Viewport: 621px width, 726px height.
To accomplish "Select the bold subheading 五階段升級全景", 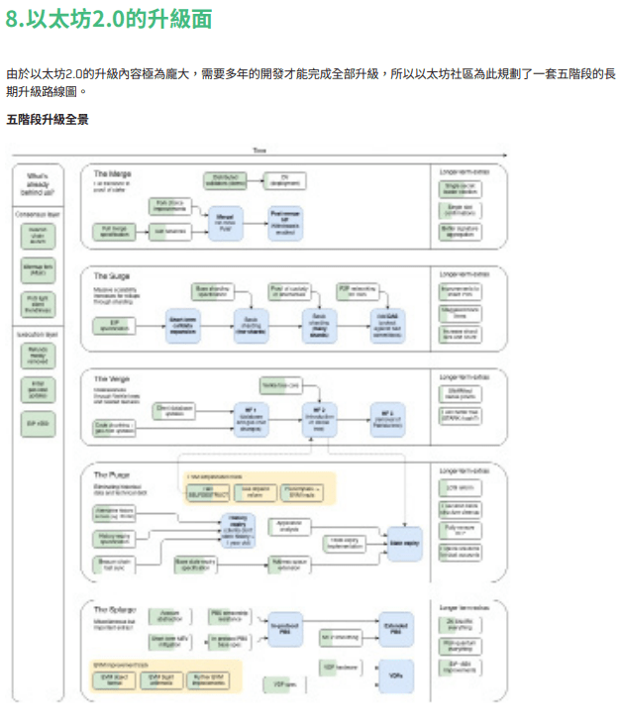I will click(x=47, y=120).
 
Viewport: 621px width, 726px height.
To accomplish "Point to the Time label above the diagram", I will click(x=259, y=151).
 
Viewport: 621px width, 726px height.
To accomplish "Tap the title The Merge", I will click(x=112, y=174).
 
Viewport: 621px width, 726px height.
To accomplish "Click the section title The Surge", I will click(x=112, y=276).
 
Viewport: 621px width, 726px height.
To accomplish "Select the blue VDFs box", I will click(x=396, y=675).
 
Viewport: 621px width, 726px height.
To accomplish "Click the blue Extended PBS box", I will click(x=397, y=630).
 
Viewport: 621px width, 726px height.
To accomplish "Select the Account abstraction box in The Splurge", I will click(x=169, y=617).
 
